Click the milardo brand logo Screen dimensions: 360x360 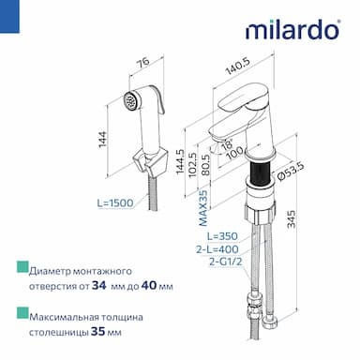pyautogui.click(x=292, y=30)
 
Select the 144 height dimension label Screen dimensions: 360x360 pyautogui.click(x=103, y=140)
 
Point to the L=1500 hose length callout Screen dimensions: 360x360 pyautogui.click(x=115, y=203)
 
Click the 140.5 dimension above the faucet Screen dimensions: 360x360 pyautogui.click(x=238, y=66)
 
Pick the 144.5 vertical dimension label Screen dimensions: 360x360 pyautogui.click(x=180, y=162)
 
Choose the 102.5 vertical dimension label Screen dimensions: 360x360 pyautogui.click(x=193, y=165)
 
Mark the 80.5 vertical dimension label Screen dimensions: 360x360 pyautogui.click(x=205, y=165)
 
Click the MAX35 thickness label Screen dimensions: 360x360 pyautogui.click(x=203, y=208)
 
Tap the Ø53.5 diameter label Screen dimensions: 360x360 pyautogui.click(x=291, y=172)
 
